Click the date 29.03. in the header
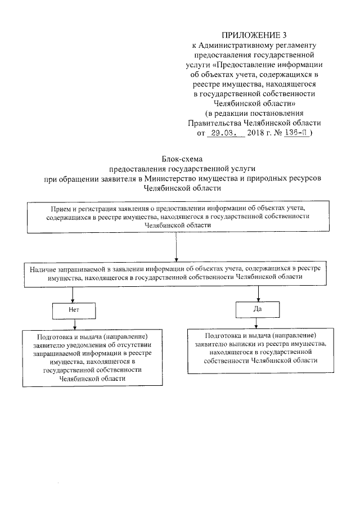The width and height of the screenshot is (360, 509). pos(223,134)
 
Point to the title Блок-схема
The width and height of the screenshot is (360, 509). pos(181,159)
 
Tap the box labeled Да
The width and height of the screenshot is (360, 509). pos(258,309)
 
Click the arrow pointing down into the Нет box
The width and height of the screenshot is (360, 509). pos(71,295)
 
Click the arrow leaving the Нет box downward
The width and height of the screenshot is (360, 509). pos(71,323)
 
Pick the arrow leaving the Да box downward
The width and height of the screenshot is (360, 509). pos(258,322)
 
